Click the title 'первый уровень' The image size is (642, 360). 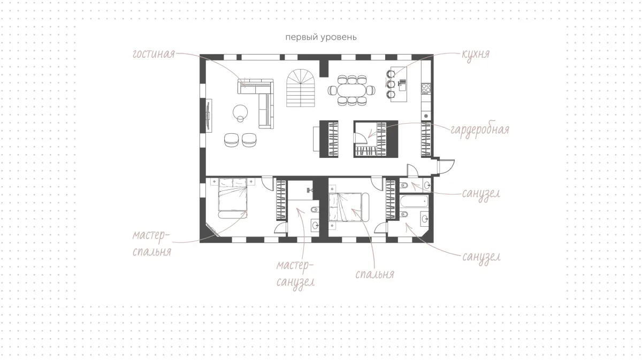click(x=320, y=37)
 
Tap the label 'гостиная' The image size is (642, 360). click(x=154, y=54)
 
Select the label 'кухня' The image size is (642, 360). click(x=476, y=55)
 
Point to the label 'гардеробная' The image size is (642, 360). click(x=480, y=130)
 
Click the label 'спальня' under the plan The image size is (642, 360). click(x=374, y=274)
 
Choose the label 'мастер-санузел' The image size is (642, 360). click(x=295, y=274)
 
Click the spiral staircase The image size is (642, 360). click(x=300, y=88)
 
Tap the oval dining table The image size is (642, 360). click(x=351, y=90)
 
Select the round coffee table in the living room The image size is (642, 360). click(x=240, y=112)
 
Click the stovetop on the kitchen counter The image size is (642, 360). click(x=426, y=89)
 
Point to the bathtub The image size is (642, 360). click(x=414, y=201)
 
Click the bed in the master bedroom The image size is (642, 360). click(x=232, y=198)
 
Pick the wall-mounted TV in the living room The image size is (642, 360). click(x=209, y=116)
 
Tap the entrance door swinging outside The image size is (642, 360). click(x=446, y=166)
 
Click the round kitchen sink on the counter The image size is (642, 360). click(x=426, y=116)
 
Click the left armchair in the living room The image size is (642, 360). click(x=231, y=140)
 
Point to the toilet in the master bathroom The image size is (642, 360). click(x=315, y=210)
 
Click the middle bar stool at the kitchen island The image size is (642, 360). click(x=390, y=84)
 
